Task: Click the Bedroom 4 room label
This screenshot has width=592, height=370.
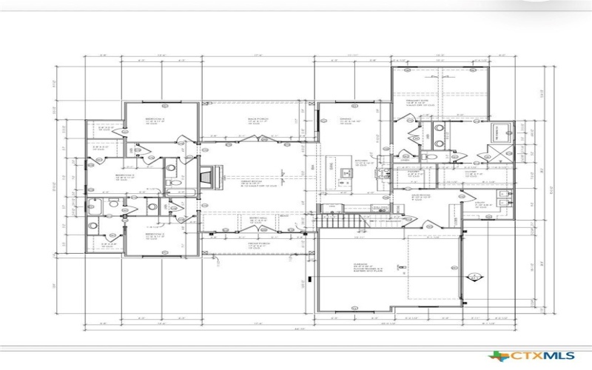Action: pyautogui.click(x=155, y=118)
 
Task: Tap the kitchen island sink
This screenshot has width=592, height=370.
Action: pyautogui.click(x=345, y=175)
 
